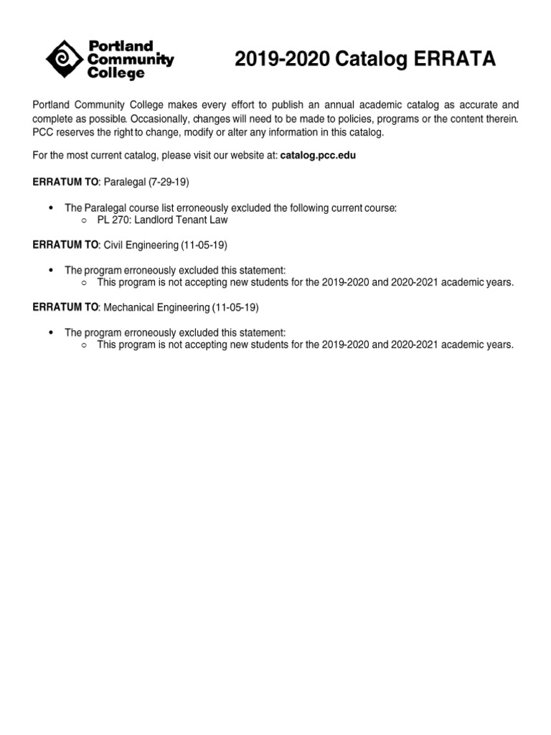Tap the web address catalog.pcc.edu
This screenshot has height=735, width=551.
(318, 155)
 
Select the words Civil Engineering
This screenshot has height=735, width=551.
(141, 245)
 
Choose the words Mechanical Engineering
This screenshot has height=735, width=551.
(156, 307)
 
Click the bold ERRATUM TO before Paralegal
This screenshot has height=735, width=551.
(65, 182)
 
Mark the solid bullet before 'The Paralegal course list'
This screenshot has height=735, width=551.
(50, 208)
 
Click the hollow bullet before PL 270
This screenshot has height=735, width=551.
(84, 220)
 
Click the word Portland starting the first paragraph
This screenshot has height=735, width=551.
(52, 105)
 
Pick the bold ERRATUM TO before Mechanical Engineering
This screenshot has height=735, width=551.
(65, 307)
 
